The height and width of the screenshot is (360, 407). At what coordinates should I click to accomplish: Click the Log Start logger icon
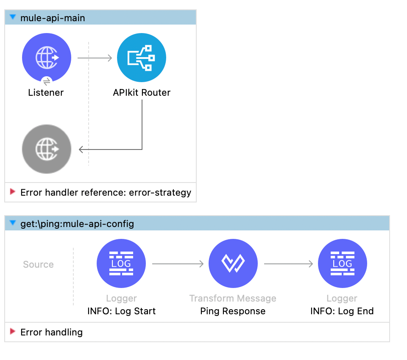(x=121, y=264)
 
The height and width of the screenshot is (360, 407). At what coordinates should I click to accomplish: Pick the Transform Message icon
(x=233, y=264)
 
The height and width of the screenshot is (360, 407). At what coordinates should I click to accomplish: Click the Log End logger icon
(x=342, y=264)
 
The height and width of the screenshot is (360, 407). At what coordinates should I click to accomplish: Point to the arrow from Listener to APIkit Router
(x=95, y=58)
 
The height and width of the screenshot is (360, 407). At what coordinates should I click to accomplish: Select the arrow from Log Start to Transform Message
(x=178, y=264)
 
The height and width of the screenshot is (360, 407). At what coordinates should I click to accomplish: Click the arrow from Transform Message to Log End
(x=288, y=264)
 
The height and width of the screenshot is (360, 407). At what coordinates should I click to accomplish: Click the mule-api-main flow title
(x=53, y=18)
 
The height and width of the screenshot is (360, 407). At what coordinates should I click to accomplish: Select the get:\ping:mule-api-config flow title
(x=77, y=224)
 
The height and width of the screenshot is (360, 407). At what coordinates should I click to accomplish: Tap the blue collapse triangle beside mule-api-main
(x=13, y=17)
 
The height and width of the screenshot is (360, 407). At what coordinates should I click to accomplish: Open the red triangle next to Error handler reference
(x=13, y=192)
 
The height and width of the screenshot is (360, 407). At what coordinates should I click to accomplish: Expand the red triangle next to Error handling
(x=13, y=332)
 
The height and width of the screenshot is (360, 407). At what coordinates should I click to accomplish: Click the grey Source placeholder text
(x=38, y=264)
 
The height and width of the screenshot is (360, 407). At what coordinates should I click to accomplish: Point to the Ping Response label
(x=233, y=311)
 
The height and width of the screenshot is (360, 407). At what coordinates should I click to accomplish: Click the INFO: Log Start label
(x=121, y=311)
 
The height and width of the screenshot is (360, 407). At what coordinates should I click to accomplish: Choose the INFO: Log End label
(x=342, y=311)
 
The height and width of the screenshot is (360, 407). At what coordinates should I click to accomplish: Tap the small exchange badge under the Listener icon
(x=47, y=81)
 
